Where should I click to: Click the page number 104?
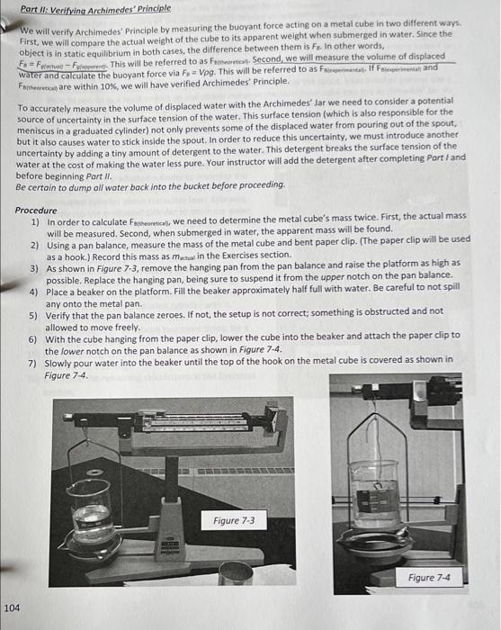point(12,607)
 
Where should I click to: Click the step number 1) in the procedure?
point(34,220)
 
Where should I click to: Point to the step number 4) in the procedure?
point(34,292)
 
